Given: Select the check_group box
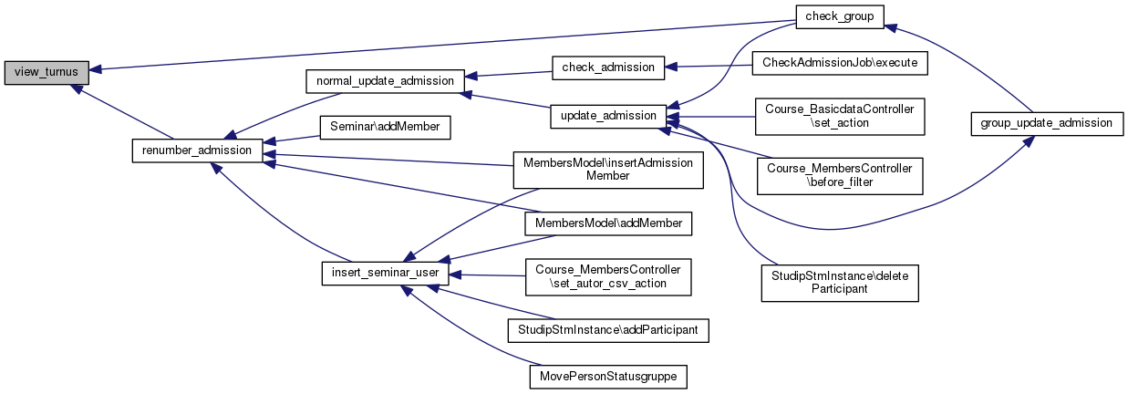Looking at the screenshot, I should tap(833, 16).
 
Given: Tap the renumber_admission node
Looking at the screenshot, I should tap(198, 150).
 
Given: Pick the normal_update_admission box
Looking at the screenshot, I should tap(385, 80).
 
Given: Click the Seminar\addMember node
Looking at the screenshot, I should tap(385, 127).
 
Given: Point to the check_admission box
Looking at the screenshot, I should tap(608, 67).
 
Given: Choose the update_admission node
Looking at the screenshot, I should tap(608, 116).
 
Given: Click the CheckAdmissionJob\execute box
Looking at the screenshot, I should tap(839, 64).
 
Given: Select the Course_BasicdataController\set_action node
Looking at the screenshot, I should tap(839, 116).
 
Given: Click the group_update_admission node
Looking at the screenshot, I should tap(1045, 122).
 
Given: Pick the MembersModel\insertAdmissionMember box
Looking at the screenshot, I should tap(608, 169).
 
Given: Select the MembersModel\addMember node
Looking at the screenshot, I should tap(608, 223).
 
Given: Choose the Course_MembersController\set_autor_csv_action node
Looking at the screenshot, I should tap(608, 276).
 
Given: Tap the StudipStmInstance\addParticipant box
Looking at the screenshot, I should tap(608, 328).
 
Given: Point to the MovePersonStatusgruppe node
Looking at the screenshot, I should tap(608, 375).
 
